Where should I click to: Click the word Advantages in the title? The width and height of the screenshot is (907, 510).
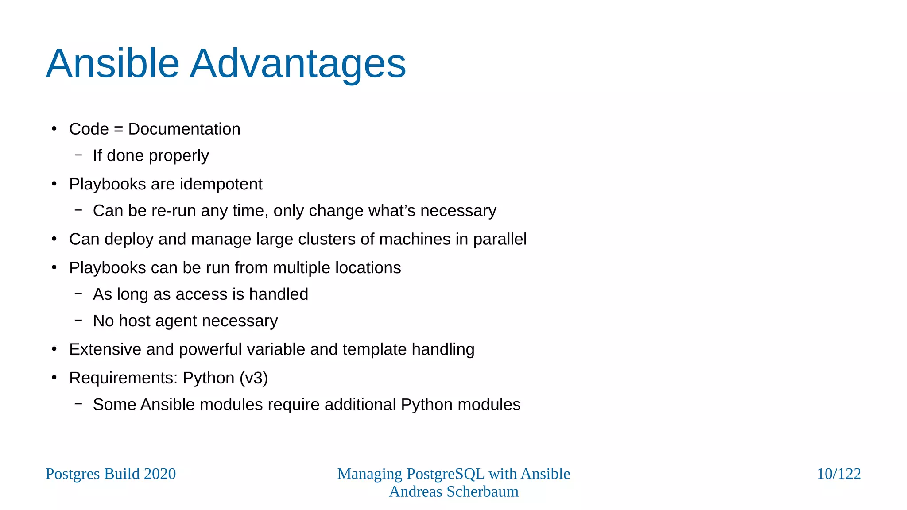pos(298,64)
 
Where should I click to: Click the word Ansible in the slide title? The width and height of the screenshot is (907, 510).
pos(112,64)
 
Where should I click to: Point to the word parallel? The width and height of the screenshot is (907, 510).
pos(500,240)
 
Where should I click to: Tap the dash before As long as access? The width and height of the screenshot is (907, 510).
pos(78,294)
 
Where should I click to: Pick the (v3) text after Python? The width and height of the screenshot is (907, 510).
pos(253,378)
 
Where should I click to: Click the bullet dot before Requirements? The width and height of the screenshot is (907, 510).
pos(54,378)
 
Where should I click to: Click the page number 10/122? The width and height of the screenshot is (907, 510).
pos(838,474)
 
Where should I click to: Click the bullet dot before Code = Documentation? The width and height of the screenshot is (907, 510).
pos(54,129)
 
